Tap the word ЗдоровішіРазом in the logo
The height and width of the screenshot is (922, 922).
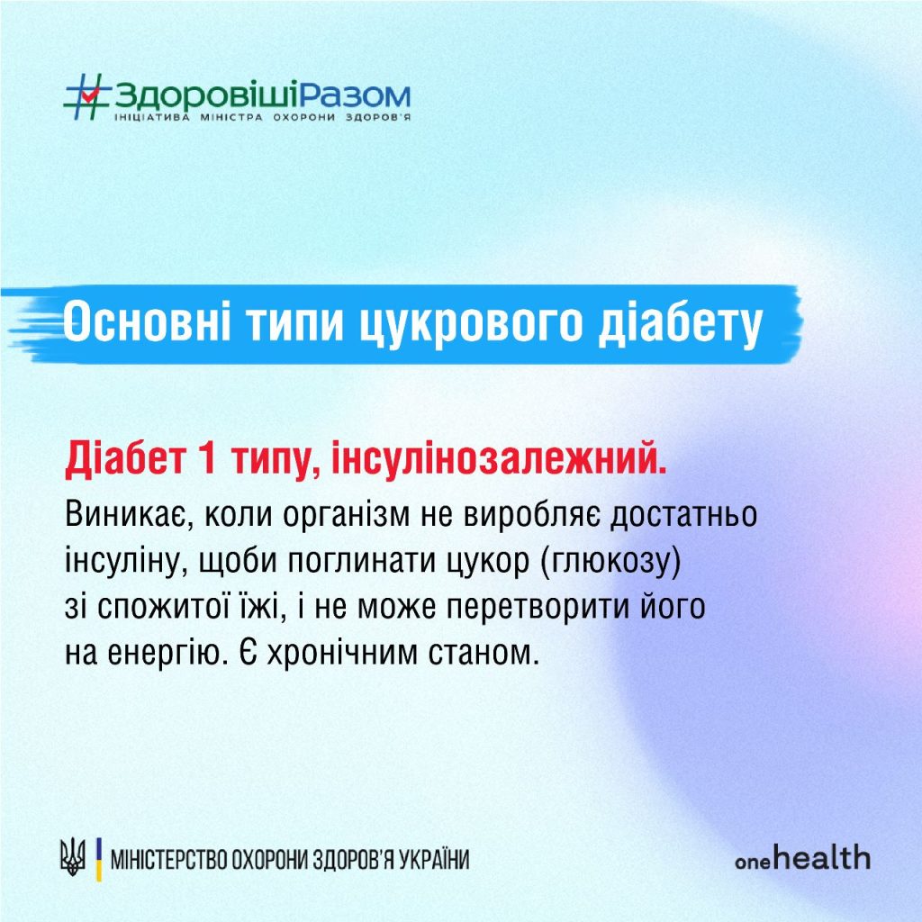[x=262, y=95]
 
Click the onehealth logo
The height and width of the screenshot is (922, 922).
[x=801, y=858]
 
